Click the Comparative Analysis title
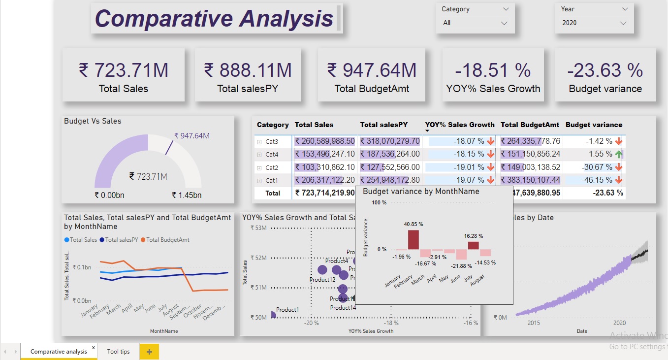pos(214,19)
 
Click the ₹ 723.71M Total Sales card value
pos(124,70)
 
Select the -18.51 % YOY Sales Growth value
pos(493,70)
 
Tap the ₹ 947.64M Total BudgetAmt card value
pos(372,70)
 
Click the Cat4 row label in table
pos(272,155)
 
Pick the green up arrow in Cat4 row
pos(619,154)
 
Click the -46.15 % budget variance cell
pos(599,180)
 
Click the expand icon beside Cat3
pos(259,142)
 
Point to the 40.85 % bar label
pos(414,224)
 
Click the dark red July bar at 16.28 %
pos(473,245)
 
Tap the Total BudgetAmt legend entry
pos(167,240)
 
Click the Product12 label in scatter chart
pos(322,280)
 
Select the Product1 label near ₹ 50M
pos(287,310)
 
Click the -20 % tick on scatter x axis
pos(311,323)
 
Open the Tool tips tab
pos(118,352)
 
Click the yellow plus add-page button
pos(149,352)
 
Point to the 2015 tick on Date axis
pos(534,323)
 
